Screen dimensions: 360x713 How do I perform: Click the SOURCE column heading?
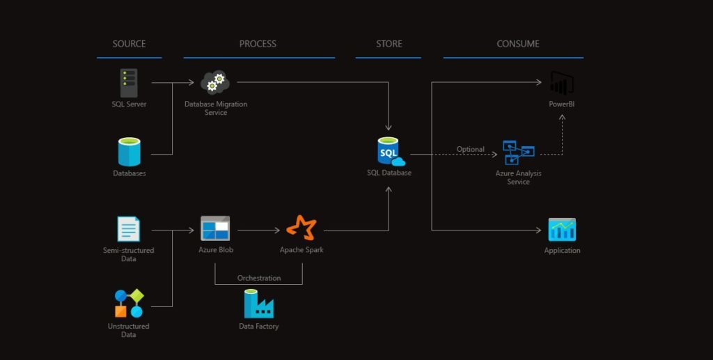click(129, 44)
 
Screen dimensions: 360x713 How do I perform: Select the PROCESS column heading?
click(258, 44)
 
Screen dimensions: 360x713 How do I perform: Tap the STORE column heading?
click(389, 44)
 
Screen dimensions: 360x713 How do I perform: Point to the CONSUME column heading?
click(517, 44)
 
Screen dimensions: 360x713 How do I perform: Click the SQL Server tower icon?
click(129, 83)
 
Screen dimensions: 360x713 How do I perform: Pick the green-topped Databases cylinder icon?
click(129, 151)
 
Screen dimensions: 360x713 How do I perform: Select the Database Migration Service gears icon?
click(215, 82)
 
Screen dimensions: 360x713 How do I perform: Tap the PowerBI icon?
click(561, 84)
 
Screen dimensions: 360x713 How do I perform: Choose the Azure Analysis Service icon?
click(519, 152)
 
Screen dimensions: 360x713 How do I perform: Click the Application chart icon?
click(561, 230)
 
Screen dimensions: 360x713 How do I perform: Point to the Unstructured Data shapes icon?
click(129, 304)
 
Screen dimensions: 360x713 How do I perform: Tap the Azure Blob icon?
click(215, 228)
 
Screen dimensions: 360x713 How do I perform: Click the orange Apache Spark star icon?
click(301, 228)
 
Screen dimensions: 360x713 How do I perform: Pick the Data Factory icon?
click(258, 304)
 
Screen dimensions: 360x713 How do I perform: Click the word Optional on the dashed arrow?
click(470, 149)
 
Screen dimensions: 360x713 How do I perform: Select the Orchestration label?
click(258, 278)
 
